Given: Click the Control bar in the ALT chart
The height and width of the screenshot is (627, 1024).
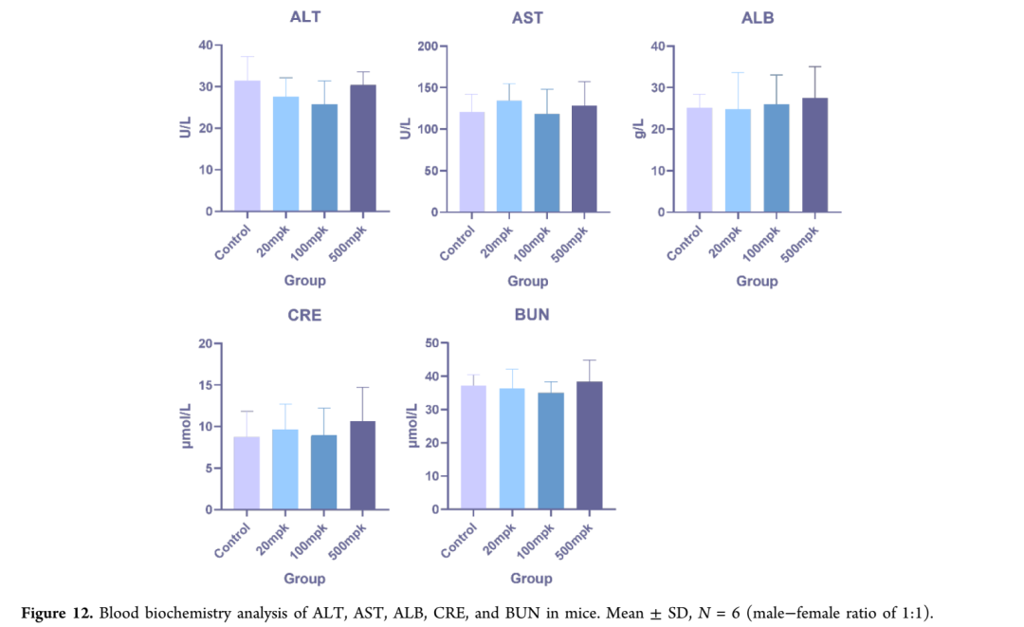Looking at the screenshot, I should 247,146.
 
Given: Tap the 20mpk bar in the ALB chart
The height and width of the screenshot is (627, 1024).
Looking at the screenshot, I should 739,160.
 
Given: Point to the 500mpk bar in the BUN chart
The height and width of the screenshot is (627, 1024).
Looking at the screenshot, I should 589,446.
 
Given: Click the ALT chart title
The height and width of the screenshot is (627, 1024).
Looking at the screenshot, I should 304,17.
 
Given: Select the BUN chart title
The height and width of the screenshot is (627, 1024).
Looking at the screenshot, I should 531,315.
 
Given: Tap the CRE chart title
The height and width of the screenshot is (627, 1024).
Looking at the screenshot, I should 304,315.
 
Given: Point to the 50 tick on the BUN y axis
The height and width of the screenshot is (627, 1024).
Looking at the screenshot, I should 430,343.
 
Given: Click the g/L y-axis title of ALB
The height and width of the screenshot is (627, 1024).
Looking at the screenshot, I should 639,128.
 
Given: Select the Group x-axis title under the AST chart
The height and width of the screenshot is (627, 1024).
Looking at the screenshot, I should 527,281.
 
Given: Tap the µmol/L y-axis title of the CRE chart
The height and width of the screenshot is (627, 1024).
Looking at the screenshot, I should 187,426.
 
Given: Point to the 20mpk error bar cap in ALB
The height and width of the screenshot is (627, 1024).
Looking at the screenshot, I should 739,73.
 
